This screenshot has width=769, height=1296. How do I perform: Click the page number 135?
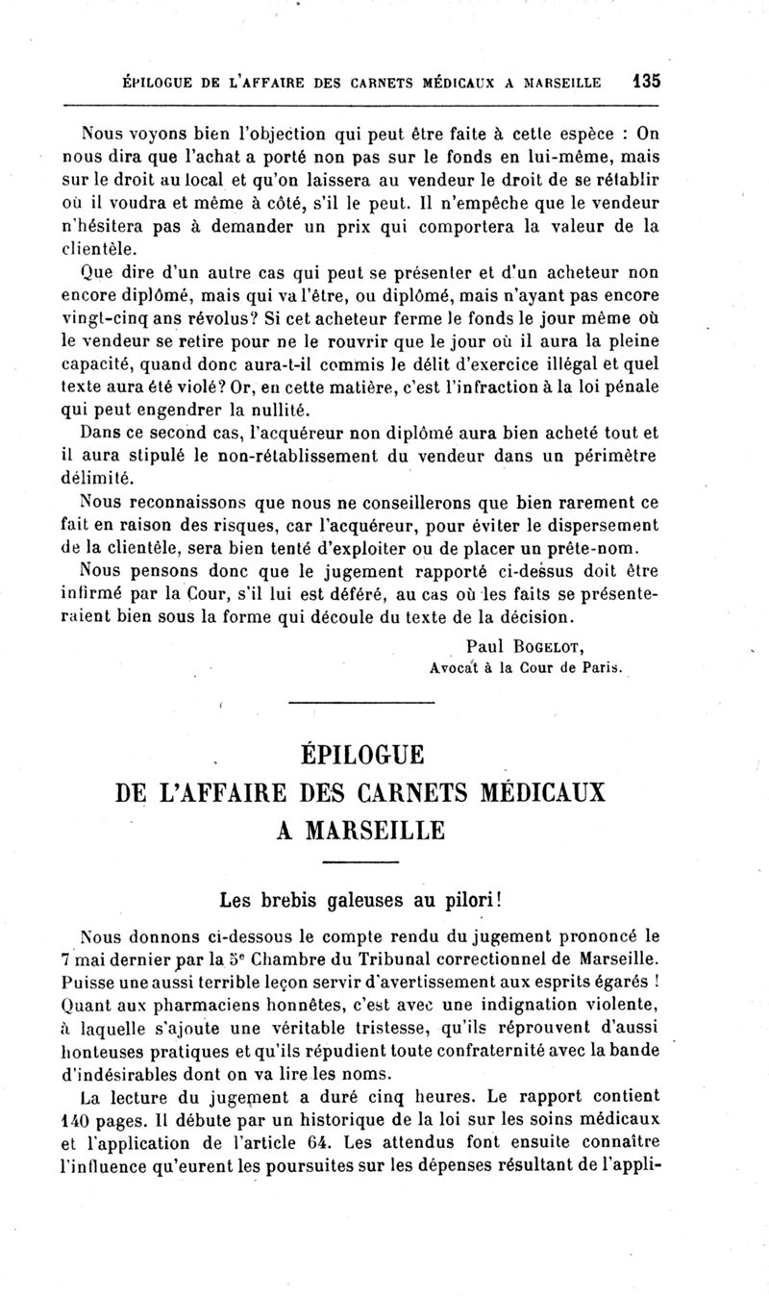point(646,82)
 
